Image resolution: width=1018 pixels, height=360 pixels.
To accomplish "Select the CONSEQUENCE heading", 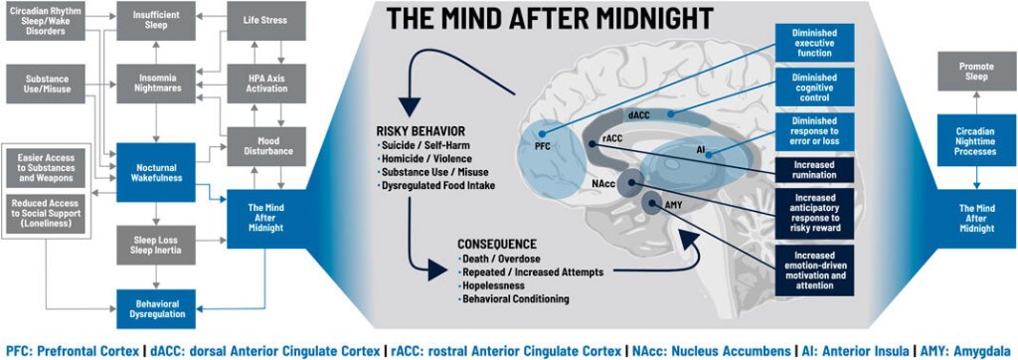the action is [x=497, y=243].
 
